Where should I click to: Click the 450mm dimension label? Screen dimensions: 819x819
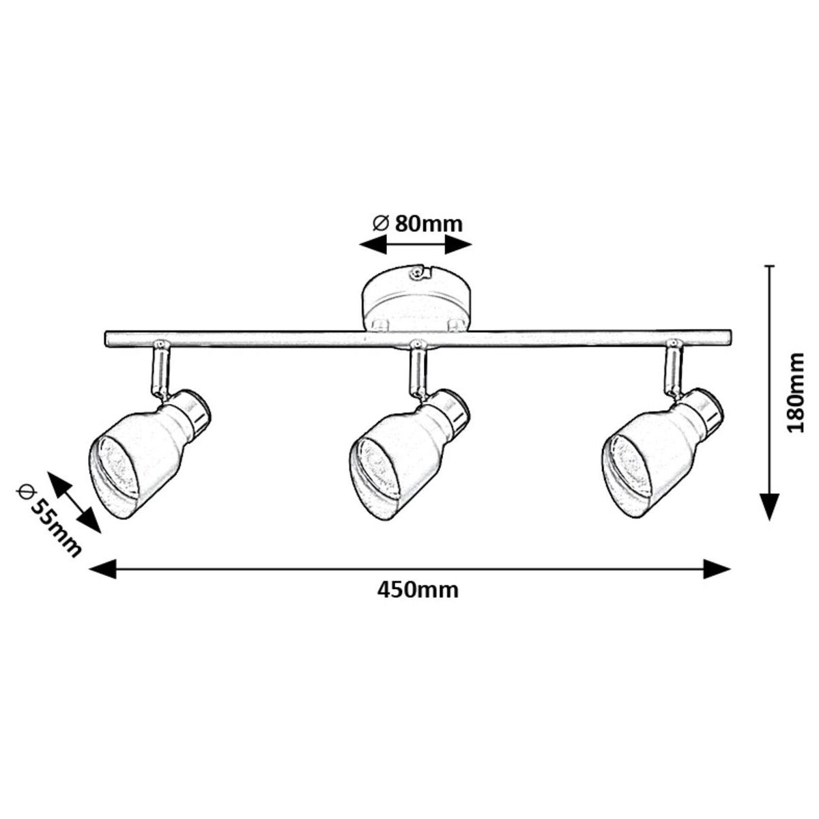pyautogui.click(x=418, y=590)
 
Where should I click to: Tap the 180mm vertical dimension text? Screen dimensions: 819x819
pyautogui.click(x=795, y=392)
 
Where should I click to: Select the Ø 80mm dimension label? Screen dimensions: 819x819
pyautogui.click(x=417, y=223)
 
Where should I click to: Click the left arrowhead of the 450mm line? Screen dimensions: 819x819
pyautogui.click(x=102, y=569)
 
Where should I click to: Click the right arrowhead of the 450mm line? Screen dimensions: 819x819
pyautogui.click(x=717, y=569)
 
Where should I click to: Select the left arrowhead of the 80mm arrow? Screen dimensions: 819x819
pyautogui.click(x=373, y=244)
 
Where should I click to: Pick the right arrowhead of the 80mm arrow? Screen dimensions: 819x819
pyautogui.click(x=459, y=244)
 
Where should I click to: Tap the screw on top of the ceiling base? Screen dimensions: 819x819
pyautogui.click(x=416, y=273)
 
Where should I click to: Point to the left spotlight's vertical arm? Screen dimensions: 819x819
pyautogui.click(x=160, y=371)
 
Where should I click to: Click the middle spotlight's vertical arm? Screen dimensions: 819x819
pyautogui.click(x=418, y=370)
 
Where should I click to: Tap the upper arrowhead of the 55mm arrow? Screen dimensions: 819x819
pyautogui.click(x=57, y=482)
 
